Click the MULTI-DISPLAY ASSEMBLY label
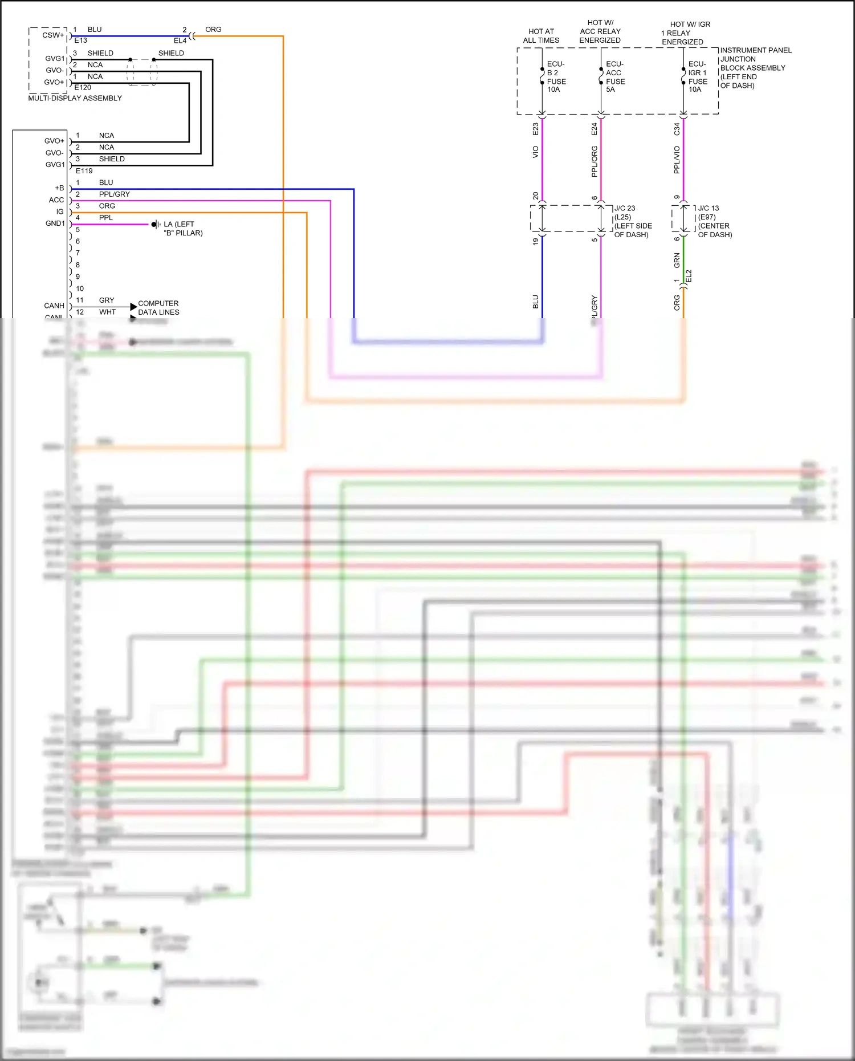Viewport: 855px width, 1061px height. point(75,98)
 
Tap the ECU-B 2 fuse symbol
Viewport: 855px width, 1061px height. point(542,76)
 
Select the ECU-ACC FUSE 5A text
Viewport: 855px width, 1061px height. point(615,76)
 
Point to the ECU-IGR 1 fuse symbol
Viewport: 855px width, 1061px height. point(683,76)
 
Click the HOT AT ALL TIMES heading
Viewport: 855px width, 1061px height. point(541,36)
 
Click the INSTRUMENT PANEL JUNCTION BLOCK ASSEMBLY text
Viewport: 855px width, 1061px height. point(755,67)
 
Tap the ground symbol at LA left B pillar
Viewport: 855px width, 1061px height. point(155,225)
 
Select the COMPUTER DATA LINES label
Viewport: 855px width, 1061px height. point(158,308)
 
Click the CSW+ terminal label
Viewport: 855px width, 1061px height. point(53,35)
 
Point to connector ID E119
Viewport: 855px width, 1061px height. point(84,171)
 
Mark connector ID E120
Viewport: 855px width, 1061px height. point(83,88)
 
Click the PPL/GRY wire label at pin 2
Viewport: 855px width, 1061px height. point(114,194)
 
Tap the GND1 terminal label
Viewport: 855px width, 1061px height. point(55,223)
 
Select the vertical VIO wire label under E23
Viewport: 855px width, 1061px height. point(535,152)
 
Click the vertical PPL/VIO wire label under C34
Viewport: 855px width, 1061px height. point(677,160)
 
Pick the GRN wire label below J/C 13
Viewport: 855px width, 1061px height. point(677,260)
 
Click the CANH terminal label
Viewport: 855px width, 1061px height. point(54,306)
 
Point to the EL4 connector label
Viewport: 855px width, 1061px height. point(180,41)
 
